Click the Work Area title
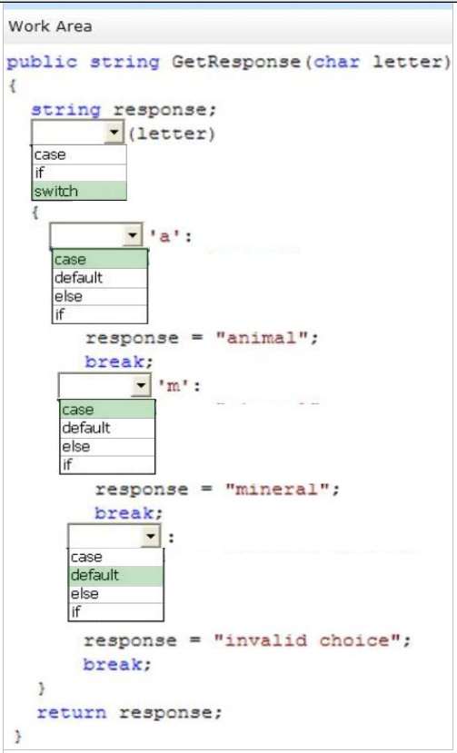pyautogui.click(x=50, y=26)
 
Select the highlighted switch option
pyautogui.click(x=79, y=191)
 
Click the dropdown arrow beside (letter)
pyautogui.click(x=114, y=132)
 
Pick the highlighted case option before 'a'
pyautogui.click(x=100, y=259)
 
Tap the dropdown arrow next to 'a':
pyautogui.click(x=132, y=235)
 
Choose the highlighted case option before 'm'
pyautogui.click(x=107, y=410)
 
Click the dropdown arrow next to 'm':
pyautogui.click(x=141, y=385)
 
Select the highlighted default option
pyautogui.click(x=115, y=575)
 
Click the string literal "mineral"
pyautogui.click(x=277, y=489)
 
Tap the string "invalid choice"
pyautogui.click(x=308, y=640)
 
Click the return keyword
pyautogui.click(x=72, y=712)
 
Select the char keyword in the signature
pyautogui.click(x=336, y=62)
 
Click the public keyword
pyautogui.click(x=42, y=63)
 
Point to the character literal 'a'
pyautogui.click(x=164, y=236)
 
